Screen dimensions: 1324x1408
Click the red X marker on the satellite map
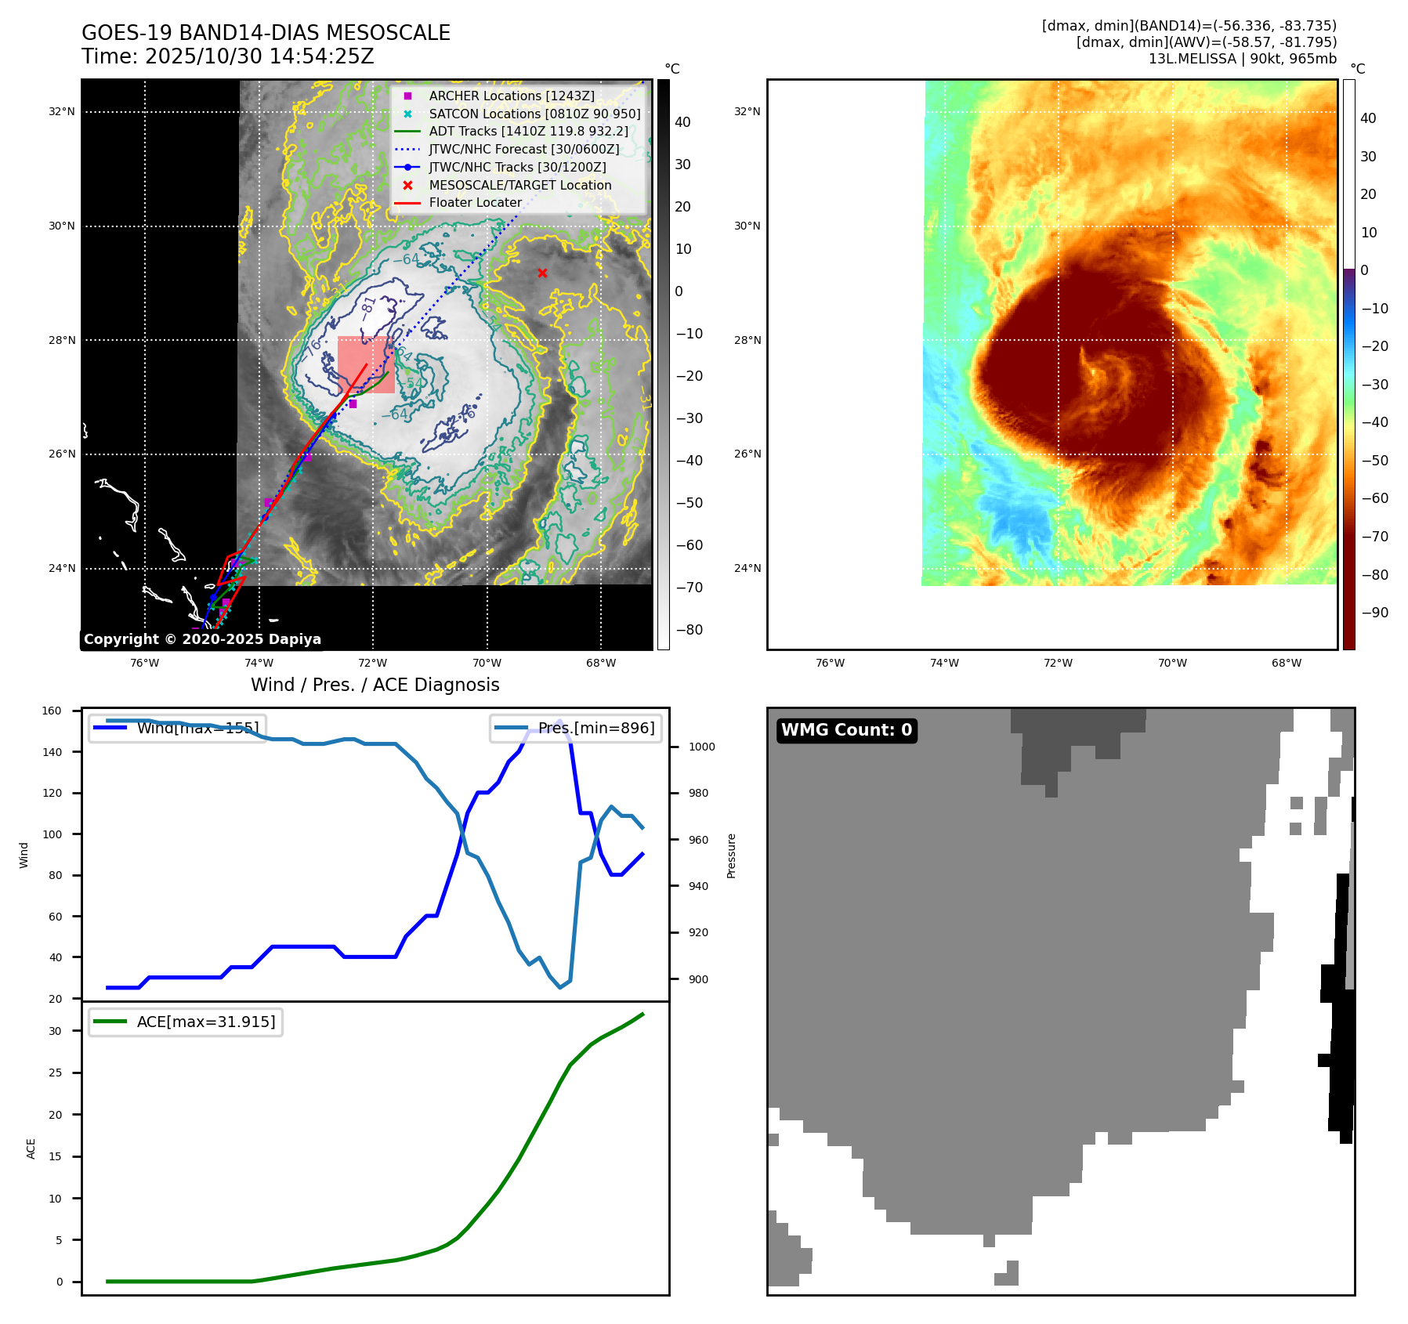(542, 273)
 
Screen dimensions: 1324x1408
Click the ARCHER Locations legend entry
(511, 96)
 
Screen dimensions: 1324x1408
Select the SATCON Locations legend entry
(534, 114)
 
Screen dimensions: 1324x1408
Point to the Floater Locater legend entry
(475, 202)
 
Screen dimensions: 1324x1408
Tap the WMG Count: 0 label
(846, 730)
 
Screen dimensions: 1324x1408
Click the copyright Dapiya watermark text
(202, 639)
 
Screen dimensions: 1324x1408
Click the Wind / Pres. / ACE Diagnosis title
(375, 685)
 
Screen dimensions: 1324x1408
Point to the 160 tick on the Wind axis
(52, 711)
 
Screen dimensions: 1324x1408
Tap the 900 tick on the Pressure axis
(701, 979)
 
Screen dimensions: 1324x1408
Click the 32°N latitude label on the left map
(62, 111)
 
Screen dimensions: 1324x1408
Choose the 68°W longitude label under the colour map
(1286, 663)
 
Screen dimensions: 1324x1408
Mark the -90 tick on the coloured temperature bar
(1374, 613)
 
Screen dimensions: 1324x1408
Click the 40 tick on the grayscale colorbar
(682, 122)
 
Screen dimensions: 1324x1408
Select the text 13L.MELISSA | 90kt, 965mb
(1242, 59)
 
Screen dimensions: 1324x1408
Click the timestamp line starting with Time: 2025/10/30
(228, 56)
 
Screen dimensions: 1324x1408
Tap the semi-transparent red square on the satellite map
(366, 364)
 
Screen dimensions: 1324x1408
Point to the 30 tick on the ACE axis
(55, 1031)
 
